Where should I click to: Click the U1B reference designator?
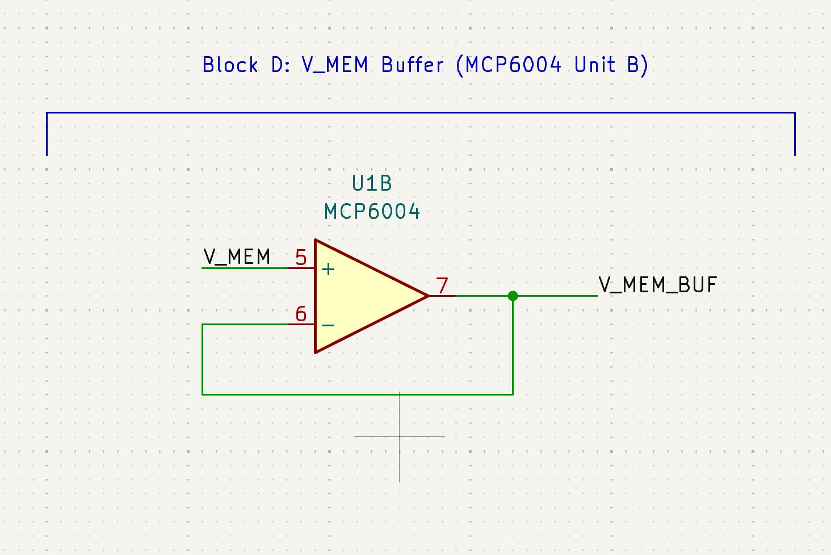pos(372,184)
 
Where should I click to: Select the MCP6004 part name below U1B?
pos(372,212)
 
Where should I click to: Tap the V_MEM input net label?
pos(237,257)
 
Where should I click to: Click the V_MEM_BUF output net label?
pos(658,285)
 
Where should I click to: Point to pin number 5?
pos(301,259)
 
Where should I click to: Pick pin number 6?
pos(301,314)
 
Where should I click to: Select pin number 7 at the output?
pos(442,286)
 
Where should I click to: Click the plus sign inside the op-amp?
pos(328,269)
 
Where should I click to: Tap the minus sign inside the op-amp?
pos(328,325)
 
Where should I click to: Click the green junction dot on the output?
pos(513,296)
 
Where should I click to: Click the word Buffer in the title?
pos(412,65)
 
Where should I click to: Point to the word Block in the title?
pos(230,65)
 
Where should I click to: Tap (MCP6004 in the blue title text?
pos(509,65)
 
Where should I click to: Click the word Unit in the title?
pos(594,65)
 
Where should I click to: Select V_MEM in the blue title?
pos(335,65)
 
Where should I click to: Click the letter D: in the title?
pos(281,65)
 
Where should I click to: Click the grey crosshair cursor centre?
pos(400,436)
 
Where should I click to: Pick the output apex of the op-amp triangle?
pos(427,296)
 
